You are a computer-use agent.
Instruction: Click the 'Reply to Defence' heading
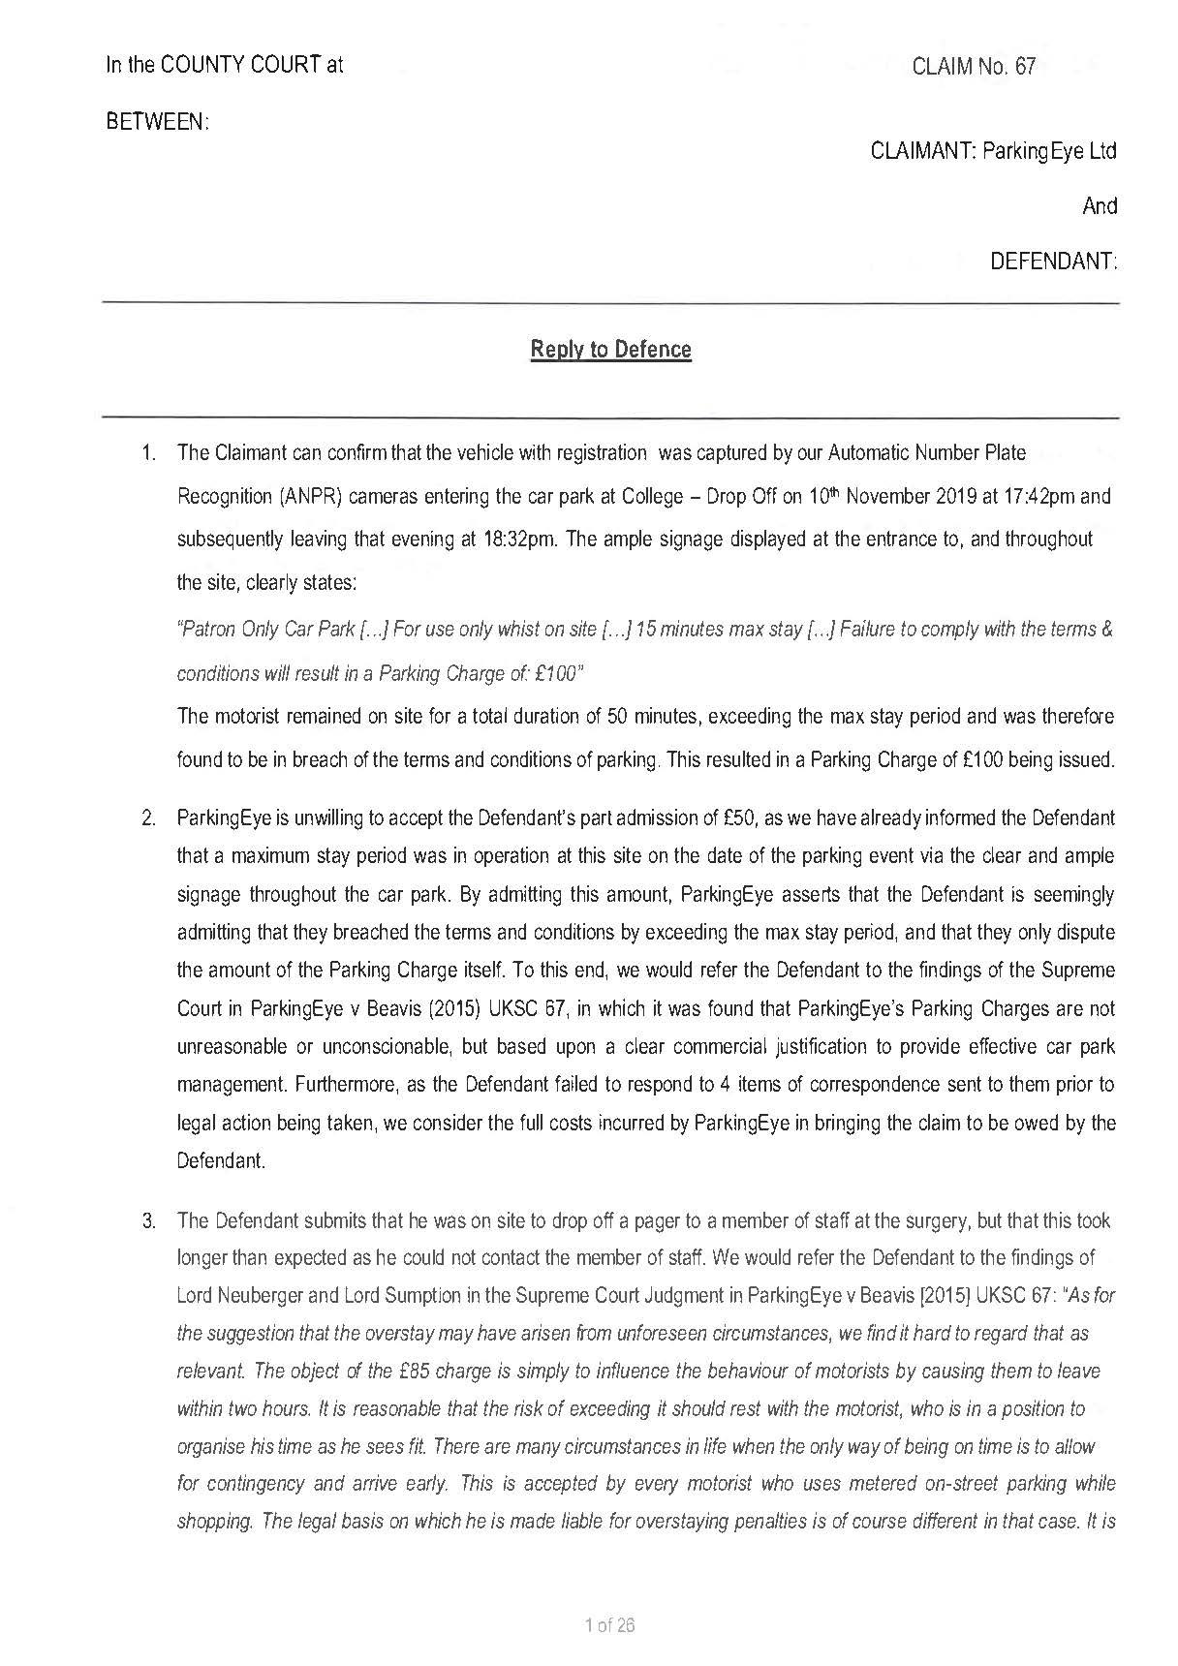coord(610,350)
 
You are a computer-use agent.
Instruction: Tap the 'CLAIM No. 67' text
coord(974,66)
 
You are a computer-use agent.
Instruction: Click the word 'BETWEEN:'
coord(157,122)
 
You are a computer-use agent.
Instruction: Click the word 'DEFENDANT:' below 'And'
coord(1053,262)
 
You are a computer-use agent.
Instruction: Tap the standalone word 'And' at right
coord(1099,206)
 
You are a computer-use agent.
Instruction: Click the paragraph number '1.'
coord(148,452)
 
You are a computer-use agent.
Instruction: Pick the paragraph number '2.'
coord(148,818)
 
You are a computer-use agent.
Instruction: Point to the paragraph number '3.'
coord(148,1220)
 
